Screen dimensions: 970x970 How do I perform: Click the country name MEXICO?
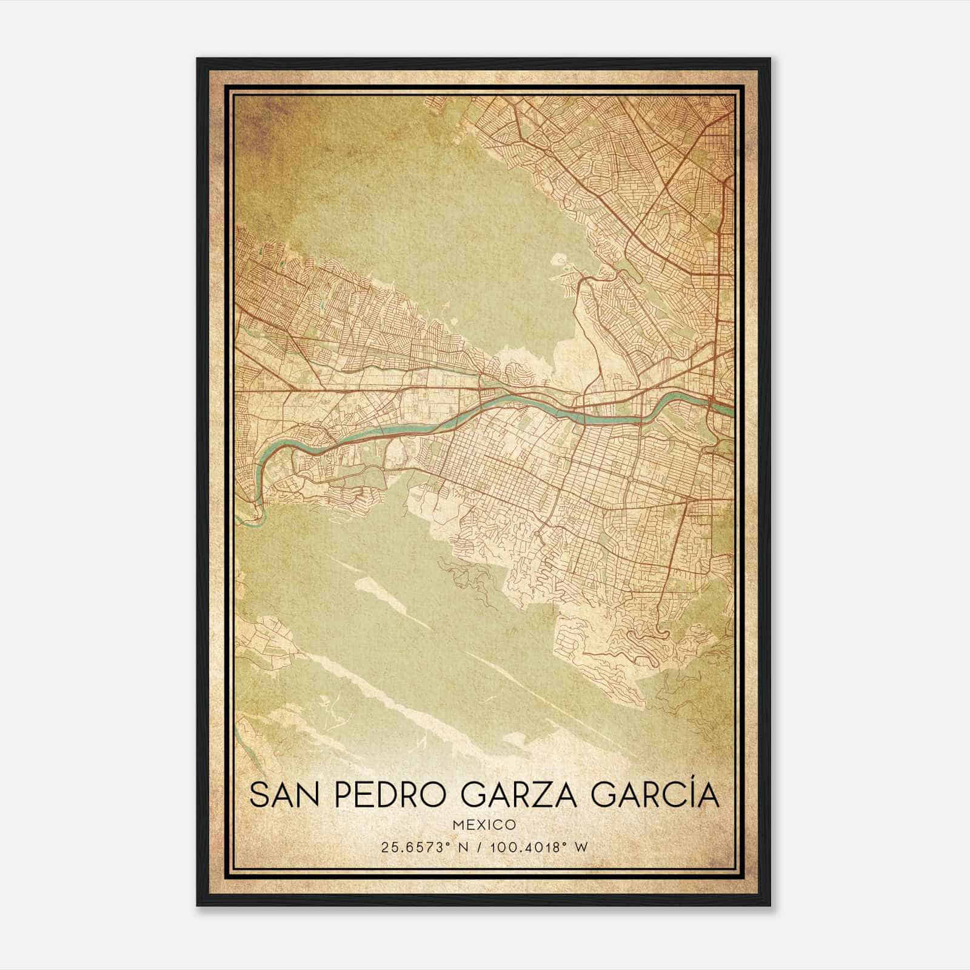click(x=484, y=825)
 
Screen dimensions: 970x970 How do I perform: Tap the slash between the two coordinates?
click(x=481, y=848)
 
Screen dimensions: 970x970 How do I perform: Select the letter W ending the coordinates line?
click(x=582, y=848)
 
